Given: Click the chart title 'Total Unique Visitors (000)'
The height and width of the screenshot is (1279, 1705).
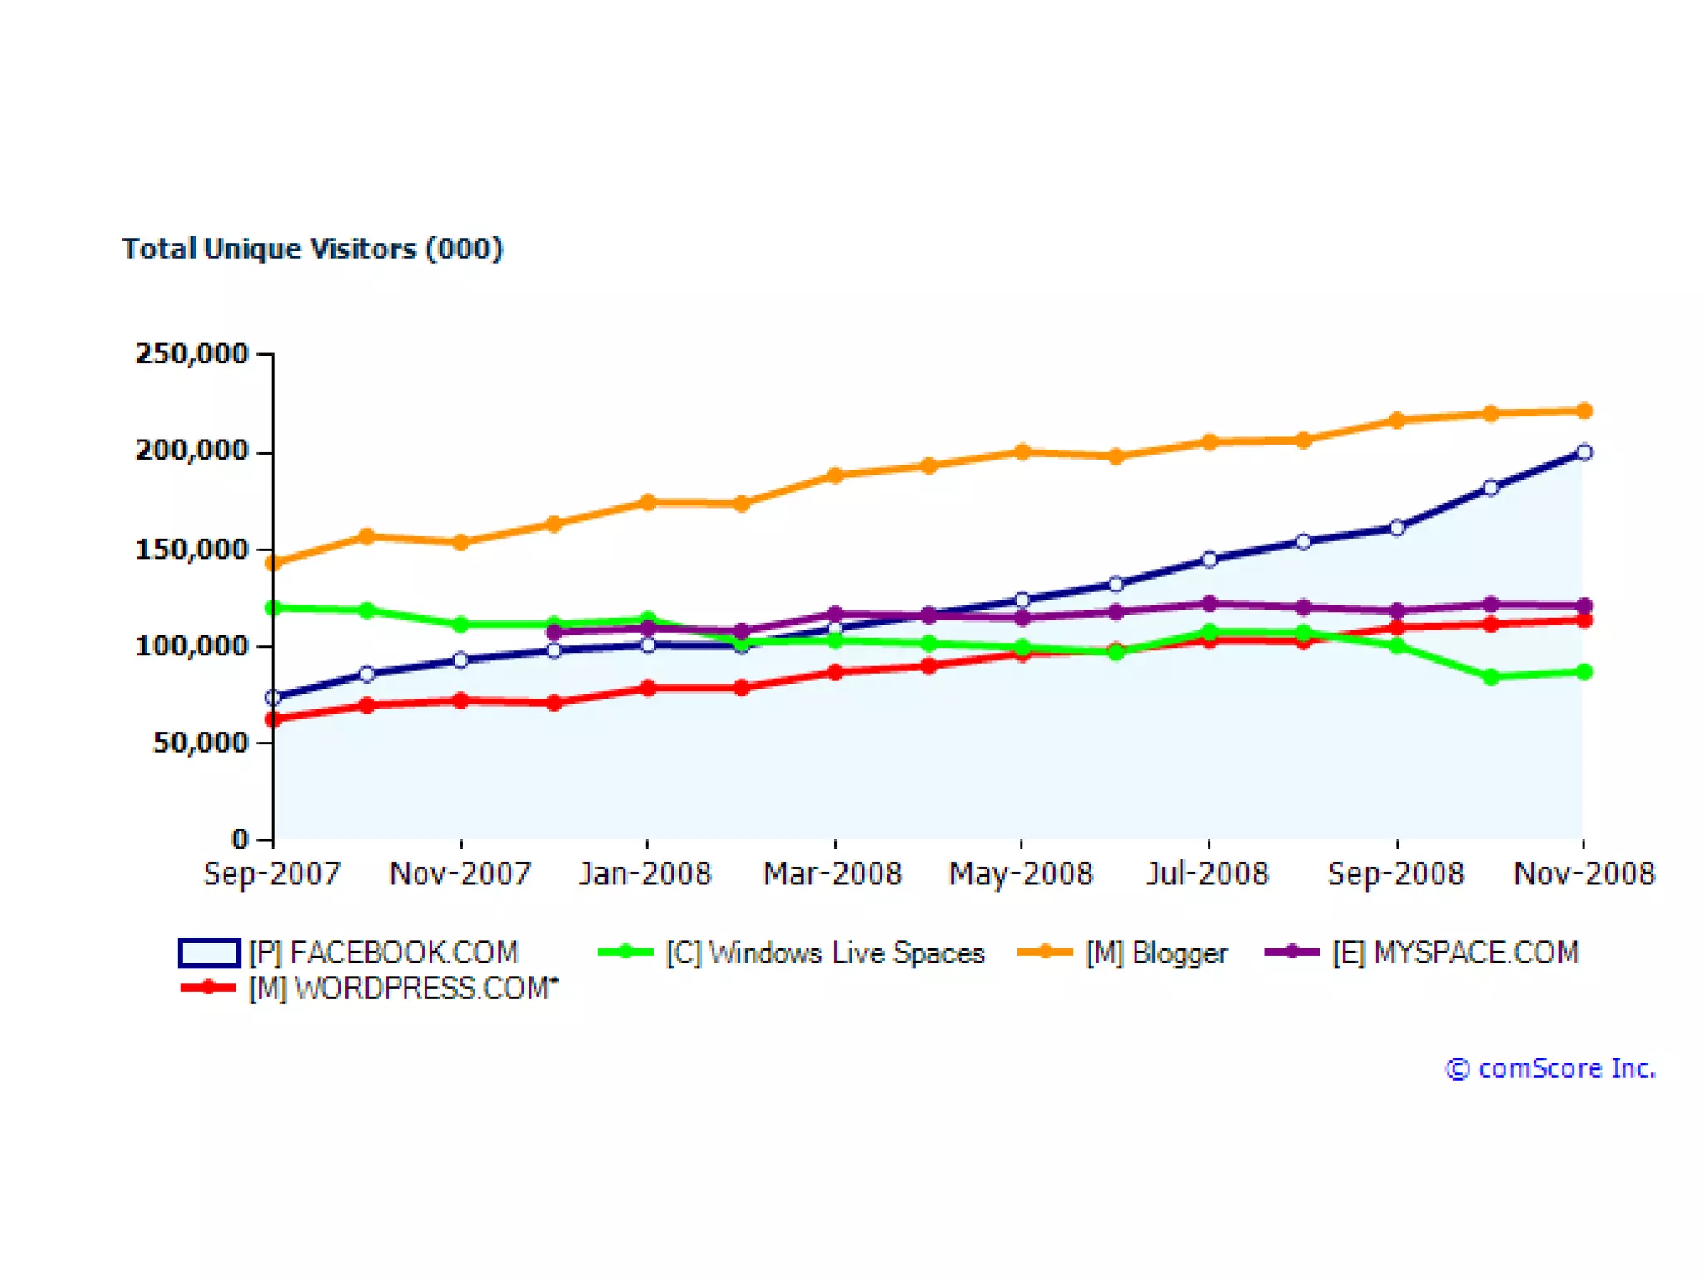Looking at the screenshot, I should pyautogui.click(x=312, y=249).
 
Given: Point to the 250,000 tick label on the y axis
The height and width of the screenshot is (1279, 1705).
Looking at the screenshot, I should pyautogui.click(x=192, y=354).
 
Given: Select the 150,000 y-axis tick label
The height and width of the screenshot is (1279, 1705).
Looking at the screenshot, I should pyautogui.click(x=192, y=550).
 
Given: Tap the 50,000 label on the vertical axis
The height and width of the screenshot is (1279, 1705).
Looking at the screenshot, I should pyautogui.click(x=201, y=743).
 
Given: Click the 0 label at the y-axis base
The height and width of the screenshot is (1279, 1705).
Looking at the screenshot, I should pyautogui.click(x=240, y=839).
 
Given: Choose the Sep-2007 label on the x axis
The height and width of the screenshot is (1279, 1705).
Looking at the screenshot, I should pyautogui.click(x=272, y=873).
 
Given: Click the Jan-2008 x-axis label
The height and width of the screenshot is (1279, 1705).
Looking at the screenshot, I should pyautogui.click(x=646, y=873).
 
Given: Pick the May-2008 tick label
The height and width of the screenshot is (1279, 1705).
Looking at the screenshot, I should pyautogui.click(x=1021, y=873).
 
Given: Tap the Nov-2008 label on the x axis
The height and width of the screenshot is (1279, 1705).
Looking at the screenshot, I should pyautogui.click(x=1583, y=873).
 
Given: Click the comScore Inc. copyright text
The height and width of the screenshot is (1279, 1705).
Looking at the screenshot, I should pyautogui.click(x=1550, y=1068).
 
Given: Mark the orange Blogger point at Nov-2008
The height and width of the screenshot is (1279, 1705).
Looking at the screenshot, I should pyautogui.click(x=1584, y=411).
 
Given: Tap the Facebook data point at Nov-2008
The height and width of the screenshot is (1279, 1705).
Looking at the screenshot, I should pyautogui.click(x=1584, y=452).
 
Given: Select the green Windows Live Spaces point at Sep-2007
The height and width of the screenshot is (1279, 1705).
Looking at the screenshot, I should pyautogui.click(x=272, y=608).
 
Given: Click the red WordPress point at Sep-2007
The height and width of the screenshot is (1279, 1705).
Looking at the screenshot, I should pyautogui.click(x=272, y=719).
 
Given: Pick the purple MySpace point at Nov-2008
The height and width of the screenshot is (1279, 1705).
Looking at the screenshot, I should pyautogui.click(x=1584, y=605).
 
